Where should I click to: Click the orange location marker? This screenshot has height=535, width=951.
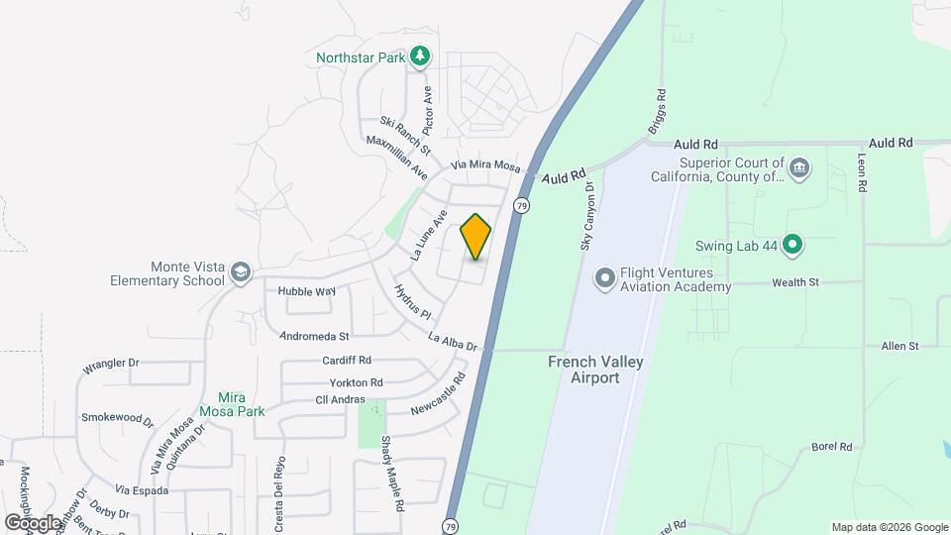[475, 236]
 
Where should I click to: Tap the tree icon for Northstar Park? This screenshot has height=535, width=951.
[421, 56]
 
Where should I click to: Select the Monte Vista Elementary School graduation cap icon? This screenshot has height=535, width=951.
[240, 272]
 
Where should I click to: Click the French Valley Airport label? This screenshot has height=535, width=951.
[596, 370]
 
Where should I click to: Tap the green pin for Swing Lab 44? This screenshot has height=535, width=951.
[792, 244]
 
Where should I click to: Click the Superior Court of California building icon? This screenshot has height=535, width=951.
[800, 169]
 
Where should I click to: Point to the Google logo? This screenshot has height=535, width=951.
[34, 522]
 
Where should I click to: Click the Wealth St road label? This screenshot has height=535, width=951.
[797, 282]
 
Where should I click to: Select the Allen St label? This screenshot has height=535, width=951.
[900, 346]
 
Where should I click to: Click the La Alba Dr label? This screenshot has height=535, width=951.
[453, 342]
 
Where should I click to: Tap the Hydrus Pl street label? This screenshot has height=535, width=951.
[412, 301]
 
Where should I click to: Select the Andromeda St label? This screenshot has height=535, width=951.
[315, 337]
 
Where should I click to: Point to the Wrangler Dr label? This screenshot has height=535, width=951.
[110, 365]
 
